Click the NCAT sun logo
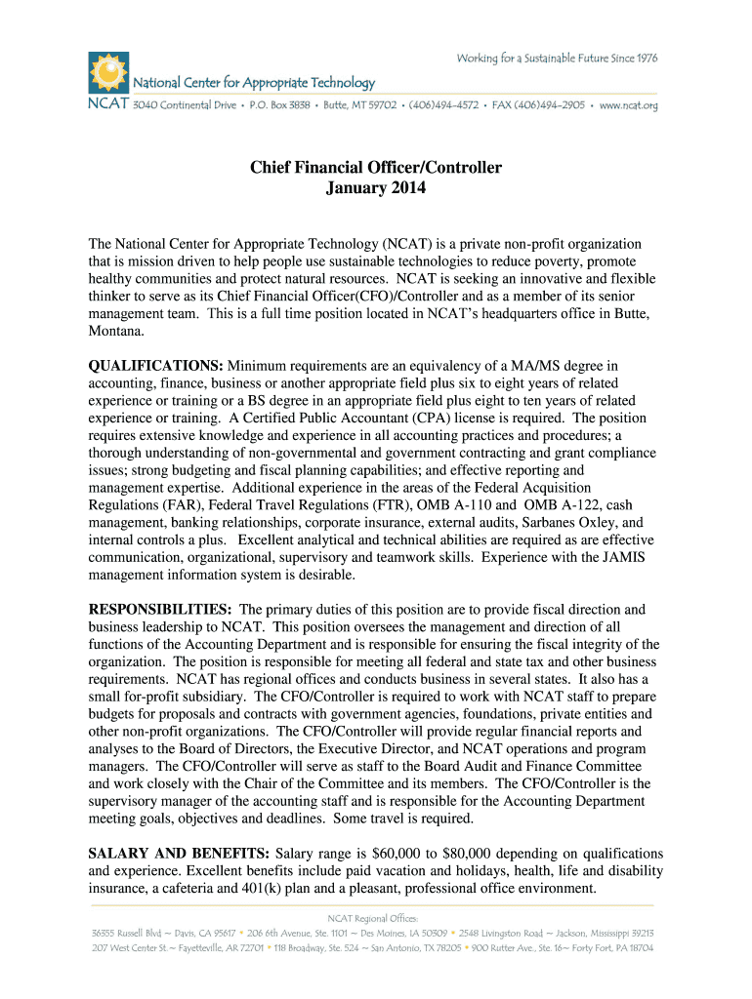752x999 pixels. point(108,70)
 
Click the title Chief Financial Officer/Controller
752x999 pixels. point(376,168)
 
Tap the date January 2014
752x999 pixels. point(376,188)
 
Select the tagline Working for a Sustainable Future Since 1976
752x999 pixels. point(557,59)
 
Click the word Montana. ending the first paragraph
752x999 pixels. point(116,331)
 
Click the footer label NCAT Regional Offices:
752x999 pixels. point(375,918)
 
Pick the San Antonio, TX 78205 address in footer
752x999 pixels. point(407,948)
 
